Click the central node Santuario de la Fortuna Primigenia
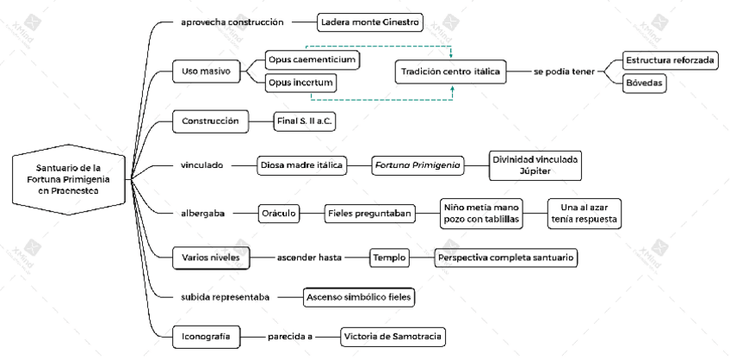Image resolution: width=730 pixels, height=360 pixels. (x=68, y=180)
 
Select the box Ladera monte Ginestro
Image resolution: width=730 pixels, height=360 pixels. (x=371, y=22)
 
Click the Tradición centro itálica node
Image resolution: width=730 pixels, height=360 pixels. (x=450, y=71)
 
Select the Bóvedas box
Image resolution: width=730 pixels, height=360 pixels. (x=645, y=83)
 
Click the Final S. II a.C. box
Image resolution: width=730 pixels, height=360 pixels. (x=305, y=121)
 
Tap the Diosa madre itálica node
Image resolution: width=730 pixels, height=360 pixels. (x=301, y=165)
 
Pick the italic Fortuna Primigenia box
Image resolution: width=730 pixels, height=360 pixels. (x=418, y=165)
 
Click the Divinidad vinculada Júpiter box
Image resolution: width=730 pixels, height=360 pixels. (x=535, y=165)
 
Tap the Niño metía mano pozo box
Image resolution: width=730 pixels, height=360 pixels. (x=481, y=213)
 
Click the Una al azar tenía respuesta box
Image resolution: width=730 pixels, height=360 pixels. (x=585, y=213)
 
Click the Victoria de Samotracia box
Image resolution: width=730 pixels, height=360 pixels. (x=393, y=337)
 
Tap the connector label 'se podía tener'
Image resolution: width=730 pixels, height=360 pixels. (x=564, y=71)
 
